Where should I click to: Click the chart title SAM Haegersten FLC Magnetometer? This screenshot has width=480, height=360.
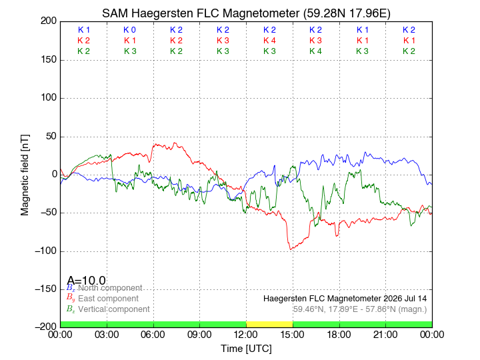201,13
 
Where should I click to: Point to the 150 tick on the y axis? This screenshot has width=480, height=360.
49,59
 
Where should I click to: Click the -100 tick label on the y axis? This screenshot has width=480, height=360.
46,251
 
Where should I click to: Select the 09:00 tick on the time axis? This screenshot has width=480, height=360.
199,335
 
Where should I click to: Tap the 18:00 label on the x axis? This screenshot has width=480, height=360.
339,335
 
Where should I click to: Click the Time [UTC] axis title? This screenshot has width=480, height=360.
247,349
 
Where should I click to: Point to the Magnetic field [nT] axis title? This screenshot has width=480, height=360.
25,175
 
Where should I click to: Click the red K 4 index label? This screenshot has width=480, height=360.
270,41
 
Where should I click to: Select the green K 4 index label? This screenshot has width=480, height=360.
315,51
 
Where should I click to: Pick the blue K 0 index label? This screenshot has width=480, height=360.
130,30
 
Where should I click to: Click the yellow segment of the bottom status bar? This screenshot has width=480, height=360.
269,324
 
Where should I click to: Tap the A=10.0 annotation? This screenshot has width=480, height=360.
86,280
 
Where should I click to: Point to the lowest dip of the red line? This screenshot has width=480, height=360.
290,249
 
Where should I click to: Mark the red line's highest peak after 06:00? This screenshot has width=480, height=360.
175,143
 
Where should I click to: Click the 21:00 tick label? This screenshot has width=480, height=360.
385,335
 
